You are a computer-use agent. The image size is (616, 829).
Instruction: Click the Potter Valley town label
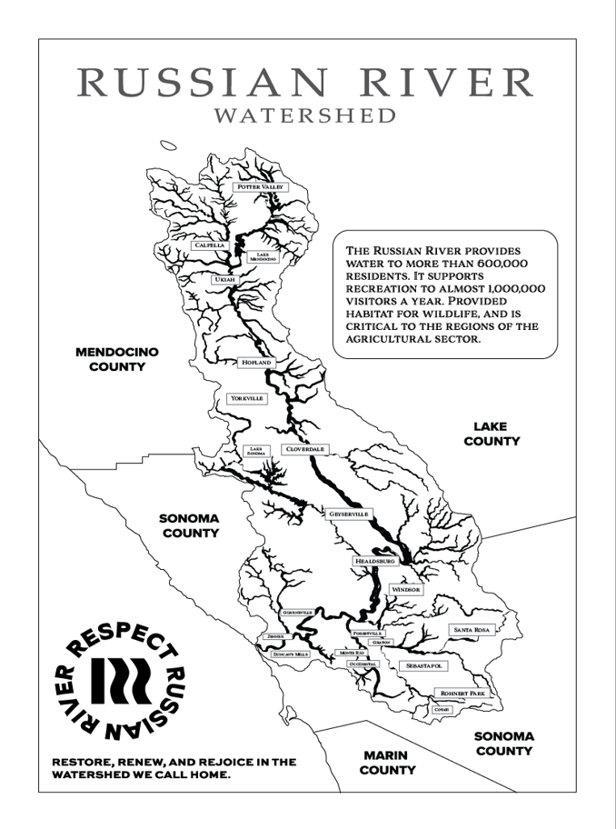pyautogui.click(x=261, y=187)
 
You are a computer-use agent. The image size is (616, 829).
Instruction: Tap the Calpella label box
pyautogui.click(x=209, y=245)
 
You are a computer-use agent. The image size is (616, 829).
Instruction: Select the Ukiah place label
pyautogui.click(x=224, y=280)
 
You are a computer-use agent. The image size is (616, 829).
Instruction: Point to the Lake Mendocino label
pyautogui.click(x=262, y=257)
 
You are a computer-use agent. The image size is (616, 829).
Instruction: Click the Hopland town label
pyautogui.click(x=255, y=362)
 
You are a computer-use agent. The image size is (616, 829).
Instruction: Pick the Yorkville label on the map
pyautogui.click(x=246, y=398)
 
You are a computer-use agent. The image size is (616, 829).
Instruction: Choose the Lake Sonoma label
pyautogui.click(x=257, y=451)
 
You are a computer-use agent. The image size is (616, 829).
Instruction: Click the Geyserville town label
pyautogui.click(x=349, y=514)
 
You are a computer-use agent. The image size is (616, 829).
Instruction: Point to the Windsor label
pyautogui.click(x=406, y=589)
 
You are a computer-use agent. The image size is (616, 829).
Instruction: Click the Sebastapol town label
pyautogui.click(x=422, y=665)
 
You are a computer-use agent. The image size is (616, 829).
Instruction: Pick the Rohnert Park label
pyautogui.click(x=463, y=693)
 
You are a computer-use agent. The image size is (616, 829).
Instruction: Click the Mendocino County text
pyautogui.click(x=116, y=359)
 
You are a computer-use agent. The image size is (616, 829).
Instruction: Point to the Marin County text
pyautogui.click(x=387, y=763)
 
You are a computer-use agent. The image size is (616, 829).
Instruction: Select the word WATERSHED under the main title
pyautogui.click(x=305, y=115)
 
